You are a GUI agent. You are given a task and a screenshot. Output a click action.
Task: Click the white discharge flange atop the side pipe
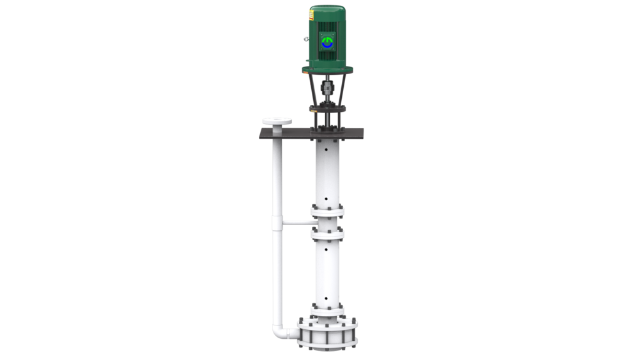(x=277, y=121)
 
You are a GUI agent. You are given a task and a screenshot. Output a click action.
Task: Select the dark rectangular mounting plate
(x=311, y=133)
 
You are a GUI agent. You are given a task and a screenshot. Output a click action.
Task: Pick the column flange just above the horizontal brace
(x=327, y=210)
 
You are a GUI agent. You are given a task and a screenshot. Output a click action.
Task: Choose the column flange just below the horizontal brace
(x=327, y=234)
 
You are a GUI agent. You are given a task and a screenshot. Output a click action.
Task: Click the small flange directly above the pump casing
(x=327, y=311)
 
